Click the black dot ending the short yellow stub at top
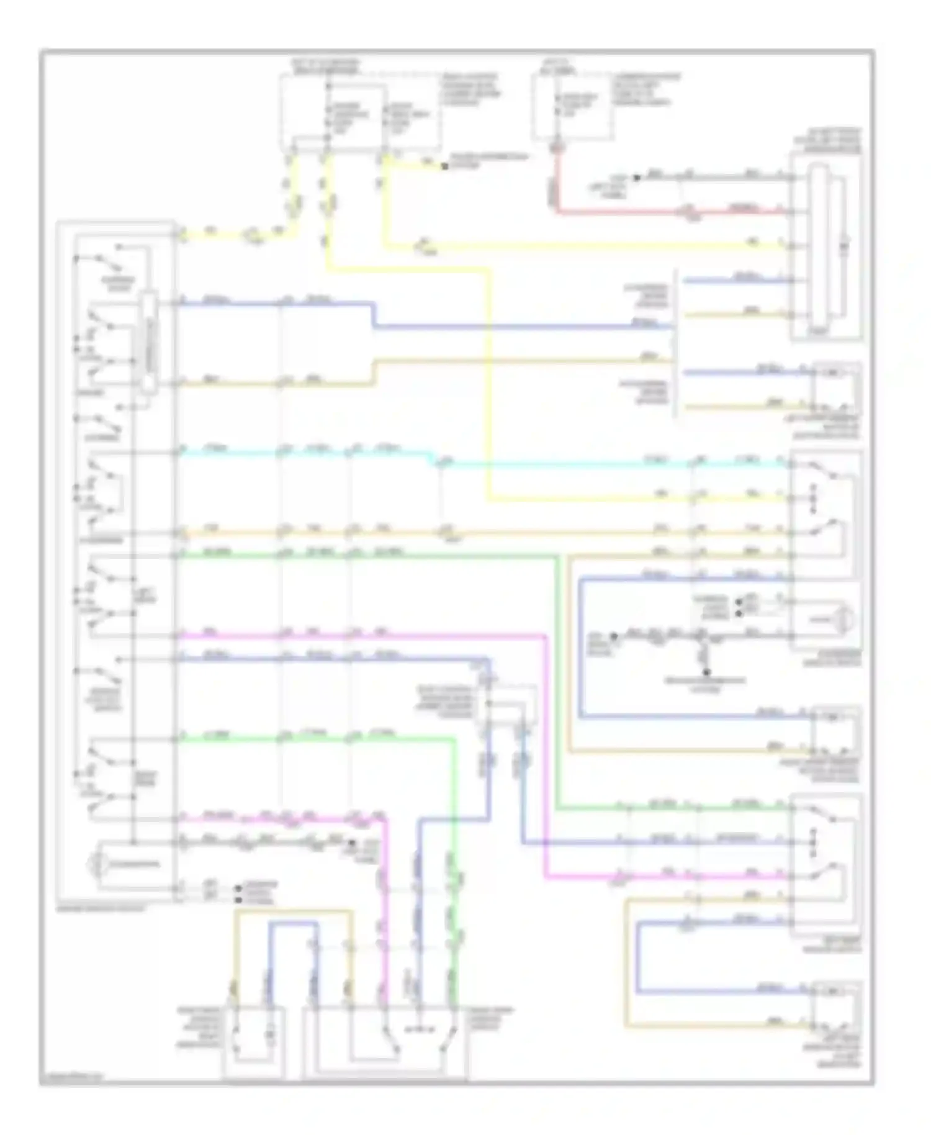444,166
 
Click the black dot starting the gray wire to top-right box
636,178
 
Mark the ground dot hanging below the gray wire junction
706,671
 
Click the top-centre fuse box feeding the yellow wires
360,112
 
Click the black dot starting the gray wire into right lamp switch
613,636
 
